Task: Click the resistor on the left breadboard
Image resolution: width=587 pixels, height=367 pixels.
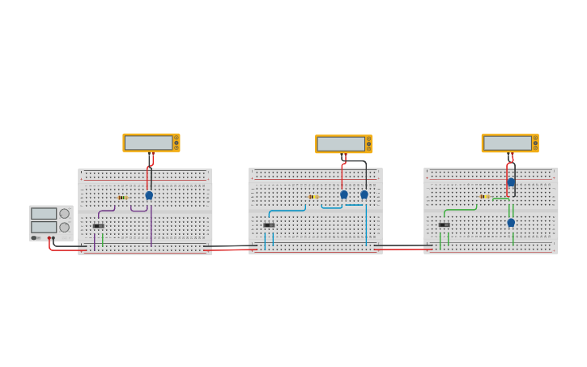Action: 122,198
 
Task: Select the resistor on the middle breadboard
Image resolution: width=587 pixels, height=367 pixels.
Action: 313,197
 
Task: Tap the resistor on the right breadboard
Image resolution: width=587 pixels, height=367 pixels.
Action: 484,197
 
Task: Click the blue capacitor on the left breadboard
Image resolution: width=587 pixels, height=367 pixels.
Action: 149,195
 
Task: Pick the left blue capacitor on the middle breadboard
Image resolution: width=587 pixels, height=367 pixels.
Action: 344,194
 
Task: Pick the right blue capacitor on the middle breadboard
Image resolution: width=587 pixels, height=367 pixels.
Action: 364,194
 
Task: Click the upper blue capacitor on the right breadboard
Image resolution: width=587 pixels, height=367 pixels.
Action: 511,182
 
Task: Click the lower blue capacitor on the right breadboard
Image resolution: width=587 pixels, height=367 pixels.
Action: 511,223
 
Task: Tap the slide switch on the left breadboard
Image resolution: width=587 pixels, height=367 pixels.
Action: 98,226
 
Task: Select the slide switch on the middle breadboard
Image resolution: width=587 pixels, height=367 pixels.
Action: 269,225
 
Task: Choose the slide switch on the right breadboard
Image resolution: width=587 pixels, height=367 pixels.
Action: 444,224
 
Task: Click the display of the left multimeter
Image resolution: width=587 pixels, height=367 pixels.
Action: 148,143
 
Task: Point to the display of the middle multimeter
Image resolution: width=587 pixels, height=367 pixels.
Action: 341,144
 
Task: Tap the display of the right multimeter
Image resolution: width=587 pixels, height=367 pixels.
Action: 507,143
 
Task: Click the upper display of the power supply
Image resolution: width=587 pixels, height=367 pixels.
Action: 44,214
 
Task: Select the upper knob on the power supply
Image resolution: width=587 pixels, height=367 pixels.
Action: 64,214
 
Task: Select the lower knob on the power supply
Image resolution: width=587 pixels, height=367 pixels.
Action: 64,228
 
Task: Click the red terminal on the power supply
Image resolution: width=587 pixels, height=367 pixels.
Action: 49,238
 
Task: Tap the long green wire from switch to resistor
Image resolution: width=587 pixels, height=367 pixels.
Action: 457,210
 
